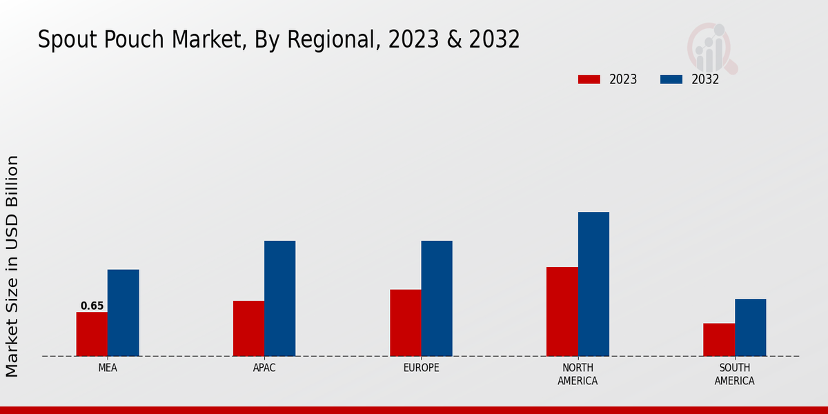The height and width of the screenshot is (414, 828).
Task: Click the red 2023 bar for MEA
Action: click(92, 334)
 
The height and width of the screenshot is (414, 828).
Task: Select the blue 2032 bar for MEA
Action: click(123, 313)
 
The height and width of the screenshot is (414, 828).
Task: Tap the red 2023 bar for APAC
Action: click(248, 328)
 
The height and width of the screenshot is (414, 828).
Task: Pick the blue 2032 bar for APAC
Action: click(279, 298)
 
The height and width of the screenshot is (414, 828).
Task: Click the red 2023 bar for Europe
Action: click(405, 322)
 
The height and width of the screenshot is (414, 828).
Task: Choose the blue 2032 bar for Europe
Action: click(437, 298)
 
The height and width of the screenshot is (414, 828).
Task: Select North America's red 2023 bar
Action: click(562, 311)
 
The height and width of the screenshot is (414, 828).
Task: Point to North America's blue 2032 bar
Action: click(593, 284)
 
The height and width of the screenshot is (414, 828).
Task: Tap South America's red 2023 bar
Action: click(719, 339)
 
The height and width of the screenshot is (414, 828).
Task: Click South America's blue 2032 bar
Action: click(750, 327)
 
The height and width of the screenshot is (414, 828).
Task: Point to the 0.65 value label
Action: click(92, 306)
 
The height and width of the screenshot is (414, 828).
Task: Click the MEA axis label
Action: click(108, 368)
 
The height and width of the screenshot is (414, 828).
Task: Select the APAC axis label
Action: click(264, 368)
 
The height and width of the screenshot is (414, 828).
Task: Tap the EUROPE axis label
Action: click(421, 368)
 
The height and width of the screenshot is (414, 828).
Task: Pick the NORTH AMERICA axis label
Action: click(578, 374)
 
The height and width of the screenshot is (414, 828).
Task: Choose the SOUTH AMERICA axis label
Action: click(734, 374)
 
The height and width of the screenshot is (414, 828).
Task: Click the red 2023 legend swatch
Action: click(589, 79)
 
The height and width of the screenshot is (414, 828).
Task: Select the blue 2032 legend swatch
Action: click(671, 79)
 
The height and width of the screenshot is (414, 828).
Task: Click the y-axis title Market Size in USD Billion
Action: click(12, 266)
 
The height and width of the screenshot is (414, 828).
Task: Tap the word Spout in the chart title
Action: click(63, 40)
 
